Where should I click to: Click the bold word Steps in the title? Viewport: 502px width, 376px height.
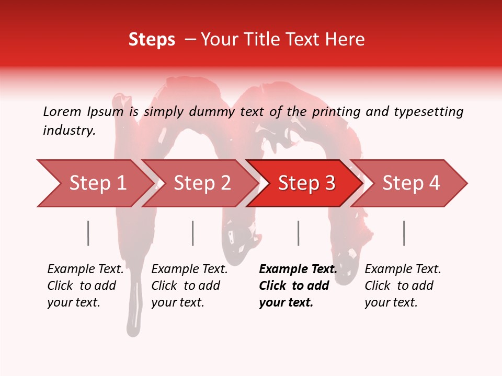tap(152, 40)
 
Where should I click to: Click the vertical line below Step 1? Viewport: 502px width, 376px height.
tap(88, 233)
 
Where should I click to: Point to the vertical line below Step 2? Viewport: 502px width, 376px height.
tap(193, 233)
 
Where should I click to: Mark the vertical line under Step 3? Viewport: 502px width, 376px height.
tap(299, 233)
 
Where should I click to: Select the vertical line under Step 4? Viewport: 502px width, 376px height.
tap(404, 233)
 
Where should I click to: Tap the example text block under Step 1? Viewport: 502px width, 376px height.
tap(85, 286)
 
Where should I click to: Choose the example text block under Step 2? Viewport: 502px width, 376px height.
tap(189, 286)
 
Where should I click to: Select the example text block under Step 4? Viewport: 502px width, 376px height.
tap(403, 286)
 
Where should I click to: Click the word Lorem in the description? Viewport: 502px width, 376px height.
tap(62, 112)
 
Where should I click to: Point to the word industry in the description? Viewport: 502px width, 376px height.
tap(69, 131)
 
